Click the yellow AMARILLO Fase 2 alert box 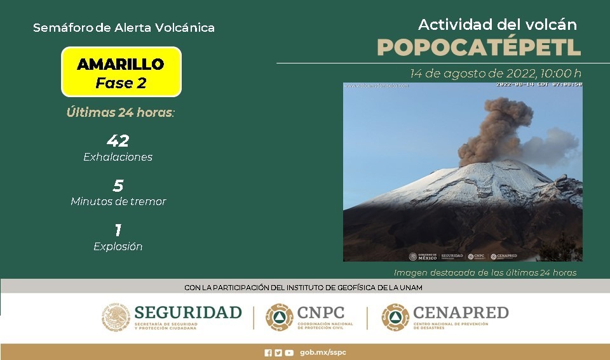point(121,72)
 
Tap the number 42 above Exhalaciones point(118,141)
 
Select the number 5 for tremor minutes point(118,186)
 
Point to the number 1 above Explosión point(118,230)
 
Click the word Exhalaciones point(118,157)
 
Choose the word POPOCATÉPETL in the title point(478,47)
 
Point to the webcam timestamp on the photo point(539,84)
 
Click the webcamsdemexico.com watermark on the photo point(377,85)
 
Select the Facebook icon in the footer point(268,353)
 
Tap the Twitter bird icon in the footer point(278,353)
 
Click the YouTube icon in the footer point(289,353)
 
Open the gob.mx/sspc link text point(323,353)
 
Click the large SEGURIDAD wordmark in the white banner point(188,312)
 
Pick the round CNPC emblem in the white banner point(279,317)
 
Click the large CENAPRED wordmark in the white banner point(461,312)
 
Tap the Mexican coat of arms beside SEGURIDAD point(116,317)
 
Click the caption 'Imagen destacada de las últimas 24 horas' point(485,273)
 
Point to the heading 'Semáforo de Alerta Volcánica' point(123,28)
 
